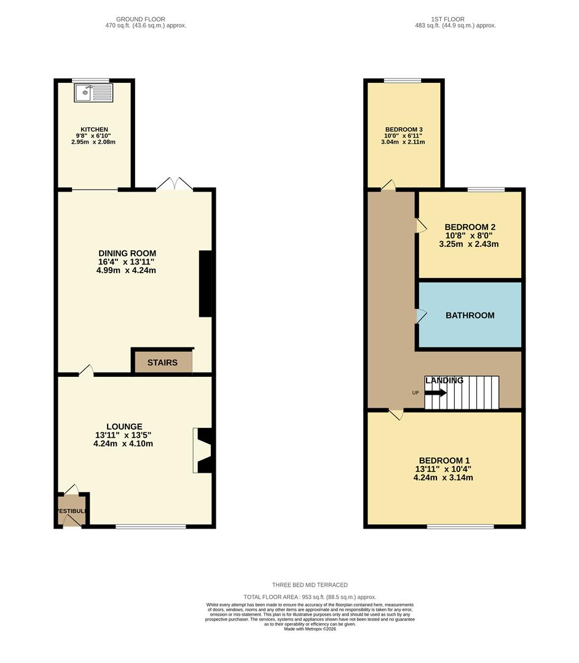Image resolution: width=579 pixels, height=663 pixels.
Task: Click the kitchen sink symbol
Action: point(93,93)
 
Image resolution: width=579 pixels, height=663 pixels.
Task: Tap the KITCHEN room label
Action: point(94,130)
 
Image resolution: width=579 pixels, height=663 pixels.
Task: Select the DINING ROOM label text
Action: point(127,254)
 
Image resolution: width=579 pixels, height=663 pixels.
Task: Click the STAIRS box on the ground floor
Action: point(162,362)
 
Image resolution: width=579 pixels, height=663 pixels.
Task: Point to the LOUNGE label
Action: point(124,427)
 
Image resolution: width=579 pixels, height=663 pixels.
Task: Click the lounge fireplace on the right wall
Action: point(202,451)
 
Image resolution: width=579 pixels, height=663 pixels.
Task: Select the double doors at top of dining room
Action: point(175,184)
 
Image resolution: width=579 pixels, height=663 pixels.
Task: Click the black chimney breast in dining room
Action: point(205,284)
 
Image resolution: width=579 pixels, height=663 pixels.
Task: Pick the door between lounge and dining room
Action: point(85,370)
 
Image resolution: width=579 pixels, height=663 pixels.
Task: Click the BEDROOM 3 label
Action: point(403,130)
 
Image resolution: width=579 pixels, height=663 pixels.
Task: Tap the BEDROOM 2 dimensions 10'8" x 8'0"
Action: point(470,235)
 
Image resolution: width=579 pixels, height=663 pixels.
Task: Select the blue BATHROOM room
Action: point(470,316)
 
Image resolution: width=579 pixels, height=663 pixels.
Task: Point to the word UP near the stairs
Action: point(416,393)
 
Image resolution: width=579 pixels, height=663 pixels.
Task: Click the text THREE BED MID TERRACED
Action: point(310,585)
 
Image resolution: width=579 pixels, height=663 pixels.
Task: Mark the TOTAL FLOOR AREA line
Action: point(310,597)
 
